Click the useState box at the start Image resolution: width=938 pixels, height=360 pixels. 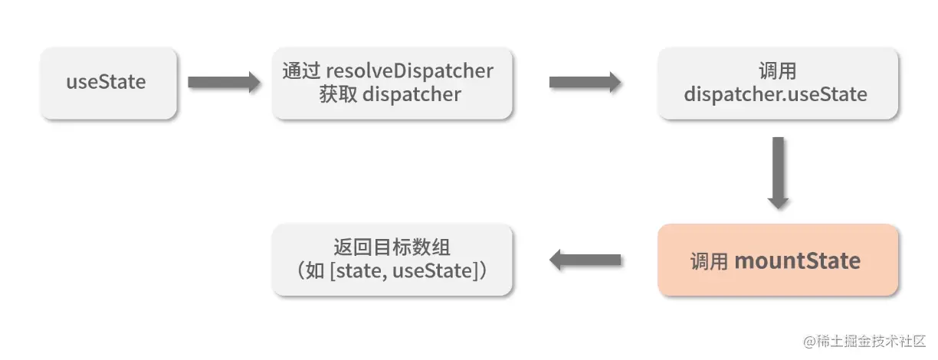109,83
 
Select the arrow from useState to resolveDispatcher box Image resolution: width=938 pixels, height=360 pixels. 224,82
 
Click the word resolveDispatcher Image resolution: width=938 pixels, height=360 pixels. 410,70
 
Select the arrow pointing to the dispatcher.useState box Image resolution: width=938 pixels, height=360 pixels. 585,82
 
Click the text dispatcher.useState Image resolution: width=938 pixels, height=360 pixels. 776,95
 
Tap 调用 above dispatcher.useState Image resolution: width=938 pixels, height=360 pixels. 776,71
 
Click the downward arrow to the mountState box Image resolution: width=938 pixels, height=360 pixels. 778,172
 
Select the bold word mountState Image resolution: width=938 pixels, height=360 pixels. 797,261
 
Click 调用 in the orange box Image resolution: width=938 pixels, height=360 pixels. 708,262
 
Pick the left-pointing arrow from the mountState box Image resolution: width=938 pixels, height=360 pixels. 585,260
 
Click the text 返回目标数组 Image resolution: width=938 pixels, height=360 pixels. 392,247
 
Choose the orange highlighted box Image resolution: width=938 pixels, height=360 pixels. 777,260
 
